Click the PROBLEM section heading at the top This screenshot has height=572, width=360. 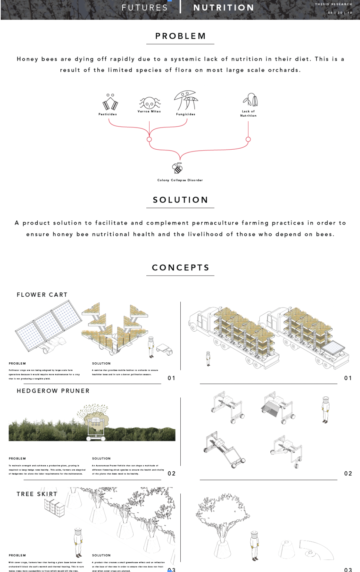[x=180, y=36]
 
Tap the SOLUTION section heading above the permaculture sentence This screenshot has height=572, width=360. [x=180, y=200]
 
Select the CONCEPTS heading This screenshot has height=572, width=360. [x=180, y=268]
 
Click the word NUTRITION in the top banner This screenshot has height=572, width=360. [x=224, y=8]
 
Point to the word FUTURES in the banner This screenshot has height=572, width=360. [x=144, y=8]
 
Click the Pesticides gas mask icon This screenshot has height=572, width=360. [x=110, y=102]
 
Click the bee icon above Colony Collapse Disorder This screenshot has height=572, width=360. [x=178, y=169]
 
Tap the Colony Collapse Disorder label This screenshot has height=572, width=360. [x=180, y=180]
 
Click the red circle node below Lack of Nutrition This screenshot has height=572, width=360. [x=248, y=139]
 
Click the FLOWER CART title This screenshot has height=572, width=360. [x=42, y=295]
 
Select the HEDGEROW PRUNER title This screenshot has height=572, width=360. [x=53, y=391]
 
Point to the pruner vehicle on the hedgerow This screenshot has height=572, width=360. [x=96, y=426]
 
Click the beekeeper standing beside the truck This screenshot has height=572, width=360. [x=208, y=358]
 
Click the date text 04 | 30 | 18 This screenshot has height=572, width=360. [x=340, y=13]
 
